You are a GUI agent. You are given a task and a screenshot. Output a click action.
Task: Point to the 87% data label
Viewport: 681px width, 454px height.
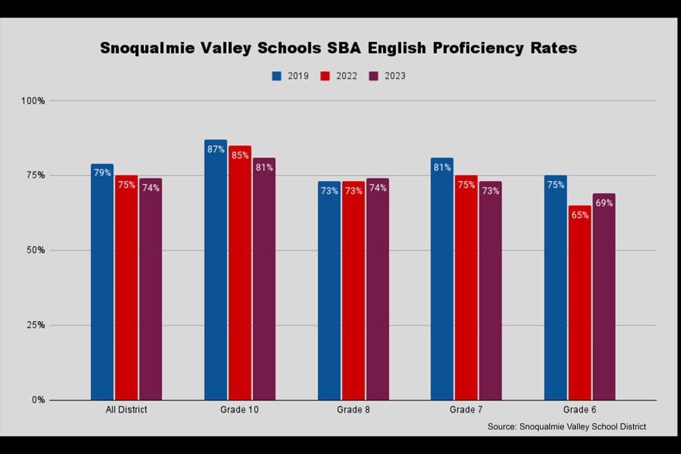(215, 149)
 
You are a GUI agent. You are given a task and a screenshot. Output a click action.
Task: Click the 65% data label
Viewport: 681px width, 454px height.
(579, 215)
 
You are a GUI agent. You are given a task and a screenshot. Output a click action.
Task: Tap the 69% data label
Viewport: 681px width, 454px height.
(603, 203)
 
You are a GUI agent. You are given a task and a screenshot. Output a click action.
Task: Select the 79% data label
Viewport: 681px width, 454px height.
(102, 173)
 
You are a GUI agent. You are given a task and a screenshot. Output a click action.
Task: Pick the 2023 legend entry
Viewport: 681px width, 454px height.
(387, 76)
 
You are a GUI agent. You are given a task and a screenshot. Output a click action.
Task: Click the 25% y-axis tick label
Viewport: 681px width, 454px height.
(35, 326)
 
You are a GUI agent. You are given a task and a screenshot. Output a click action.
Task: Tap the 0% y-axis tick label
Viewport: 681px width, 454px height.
(38, 400)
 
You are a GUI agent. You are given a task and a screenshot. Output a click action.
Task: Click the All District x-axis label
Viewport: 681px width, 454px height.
(126, 410)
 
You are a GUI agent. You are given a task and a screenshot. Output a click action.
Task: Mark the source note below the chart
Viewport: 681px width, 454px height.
(567, 427)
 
